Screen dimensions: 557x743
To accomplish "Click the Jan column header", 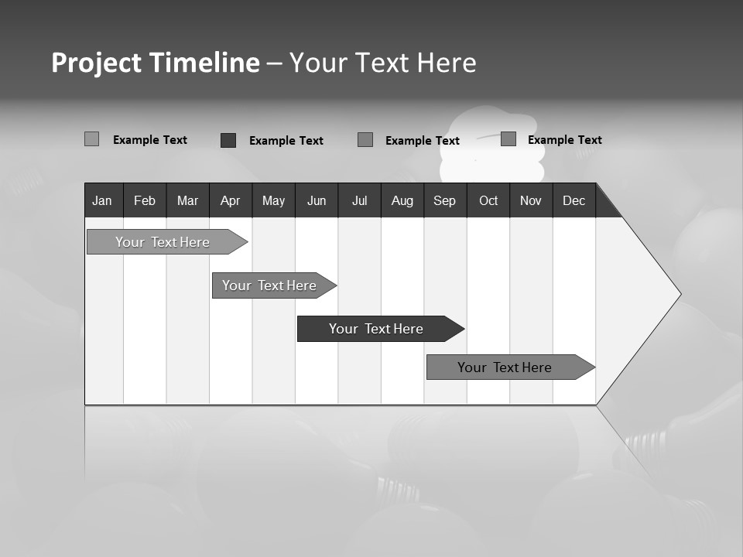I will (x=103, y=200).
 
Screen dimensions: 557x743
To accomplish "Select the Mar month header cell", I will (x=187, y=200).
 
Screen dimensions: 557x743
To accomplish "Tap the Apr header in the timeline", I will (x=230, y=200).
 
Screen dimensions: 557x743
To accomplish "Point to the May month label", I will (x=273, y=200).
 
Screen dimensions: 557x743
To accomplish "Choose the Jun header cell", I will (x=317, y=200).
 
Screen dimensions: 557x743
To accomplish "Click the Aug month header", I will (x=402, y=200).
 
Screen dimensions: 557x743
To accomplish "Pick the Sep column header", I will (x=444, y=200).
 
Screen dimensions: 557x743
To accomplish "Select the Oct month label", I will (x=488, y=200).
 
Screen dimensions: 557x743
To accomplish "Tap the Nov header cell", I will (x=531, y=200).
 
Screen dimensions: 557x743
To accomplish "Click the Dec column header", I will (x=574, y=200).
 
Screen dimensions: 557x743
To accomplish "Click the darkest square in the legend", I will (x=228, y=140).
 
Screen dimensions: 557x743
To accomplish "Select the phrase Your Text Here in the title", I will (x=383, y=63).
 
